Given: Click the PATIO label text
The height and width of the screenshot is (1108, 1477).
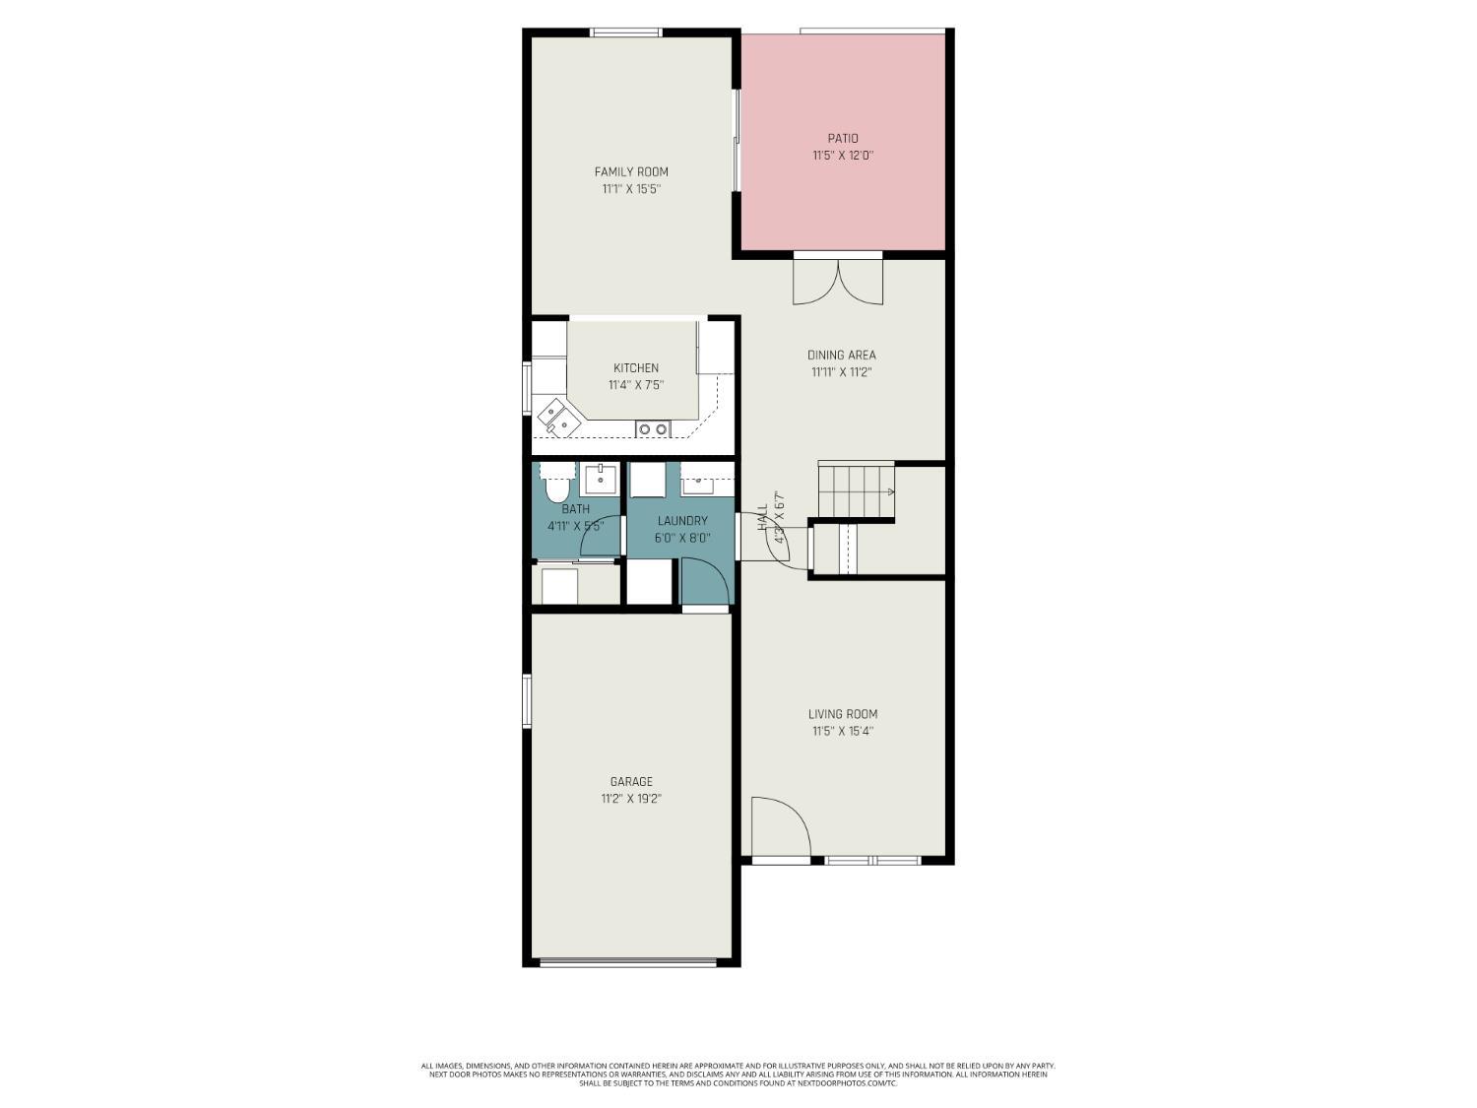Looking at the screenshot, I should pos(842,139).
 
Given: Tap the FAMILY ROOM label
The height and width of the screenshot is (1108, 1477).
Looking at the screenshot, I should pos(631,172).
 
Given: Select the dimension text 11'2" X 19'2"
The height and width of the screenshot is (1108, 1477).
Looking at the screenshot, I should pos(631,799).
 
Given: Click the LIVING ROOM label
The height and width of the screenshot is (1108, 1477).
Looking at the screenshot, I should pos(842,714).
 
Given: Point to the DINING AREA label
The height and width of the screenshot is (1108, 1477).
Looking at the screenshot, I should pos(841,356).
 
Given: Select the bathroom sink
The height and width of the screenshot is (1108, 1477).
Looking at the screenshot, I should pos(600,480).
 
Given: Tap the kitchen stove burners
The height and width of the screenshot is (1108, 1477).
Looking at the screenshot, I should pos(652,428).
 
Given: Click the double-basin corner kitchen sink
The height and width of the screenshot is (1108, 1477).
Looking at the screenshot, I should pos(558,417).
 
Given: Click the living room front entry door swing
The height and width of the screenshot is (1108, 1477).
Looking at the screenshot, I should pos(780,827).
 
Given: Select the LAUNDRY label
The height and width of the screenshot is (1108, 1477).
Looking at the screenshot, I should pos(682,521).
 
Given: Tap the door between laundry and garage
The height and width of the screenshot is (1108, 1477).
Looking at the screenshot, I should pos(705,584).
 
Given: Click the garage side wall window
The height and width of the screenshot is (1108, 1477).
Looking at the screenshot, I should pos(527,700).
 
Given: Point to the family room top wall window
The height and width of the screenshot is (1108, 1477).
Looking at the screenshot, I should pos(625,33).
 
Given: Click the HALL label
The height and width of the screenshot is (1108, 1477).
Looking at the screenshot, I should pos(762,518).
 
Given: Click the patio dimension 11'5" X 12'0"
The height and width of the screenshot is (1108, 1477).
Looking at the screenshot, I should pos(843,156).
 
